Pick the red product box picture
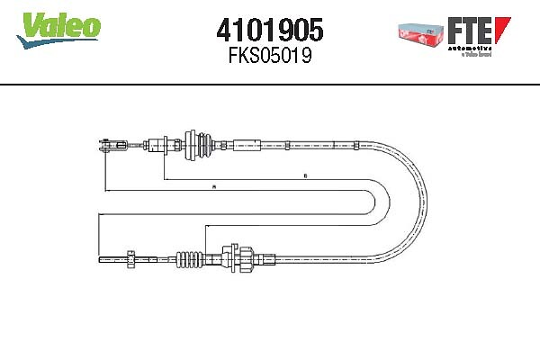click(421, 31)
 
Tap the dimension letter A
click(212, 187)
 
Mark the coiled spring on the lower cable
click(190, 259)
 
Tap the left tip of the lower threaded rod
click(99, 259)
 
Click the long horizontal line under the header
click(270, 85)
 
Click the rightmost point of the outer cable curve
click(435, 202)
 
